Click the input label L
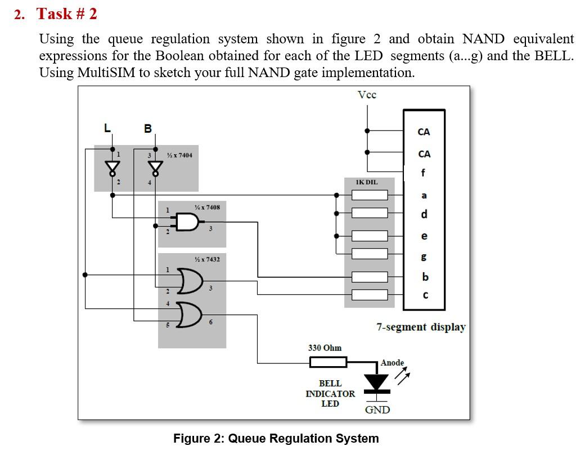[x=107, y=128]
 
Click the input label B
[x=148, y=128]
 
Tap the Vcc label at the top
[x=367, y=95]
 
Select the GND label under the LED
[x=377, y=410]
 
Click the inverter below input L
[x=113, y=168]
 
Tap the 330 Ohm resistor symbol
[x=328, y=362]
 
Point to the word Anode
[x=392, y=363]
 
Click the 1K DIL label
[x=367, y=182]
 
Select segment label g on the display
[x=424, y=256]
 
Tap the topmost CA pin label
[x=424, y=132]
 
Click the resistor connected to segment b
[x=370, y=277]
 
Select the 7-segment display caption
[x=421, y=327]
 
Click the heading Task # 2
[x=67, y=14]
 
